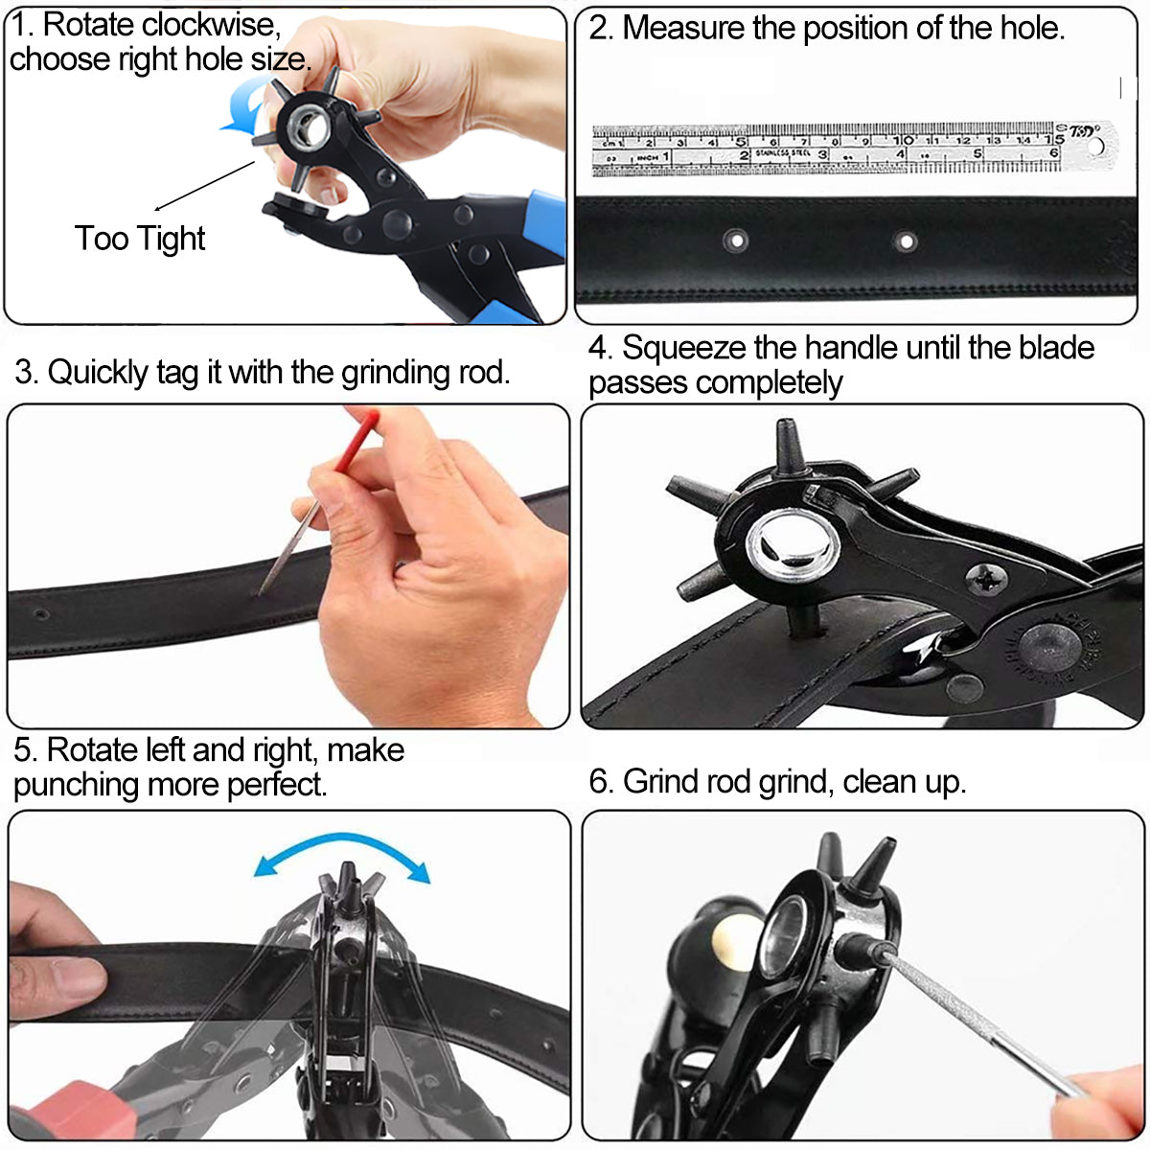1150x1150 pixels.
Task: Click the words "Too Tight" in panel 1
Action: (x=140, y=238)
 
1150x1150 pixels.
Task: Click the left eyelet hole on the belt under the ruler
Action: (x=734, y=240)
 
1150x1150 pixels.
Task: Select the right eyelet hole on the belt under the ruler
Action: (x=905, y=241)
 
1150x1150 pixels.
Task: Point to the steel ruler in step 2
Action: (x=824, y=149)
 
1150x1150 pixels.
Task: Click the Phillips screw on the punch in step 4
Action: (x=980, y=577)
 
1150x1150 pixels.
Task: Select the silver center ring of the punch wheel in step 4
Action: (x=793, y=542)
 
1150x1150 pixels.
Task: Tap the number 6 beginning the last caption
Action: (x=598, y=781)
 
